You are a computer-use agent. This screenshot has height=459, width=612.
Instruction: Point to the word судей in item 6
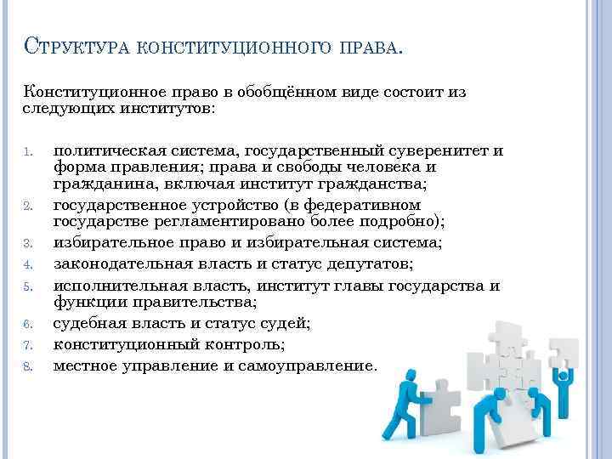click(x=283, y=323)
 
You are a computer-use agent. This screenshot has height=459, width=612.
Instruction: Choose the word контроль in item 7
click(x=240, y=344)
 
